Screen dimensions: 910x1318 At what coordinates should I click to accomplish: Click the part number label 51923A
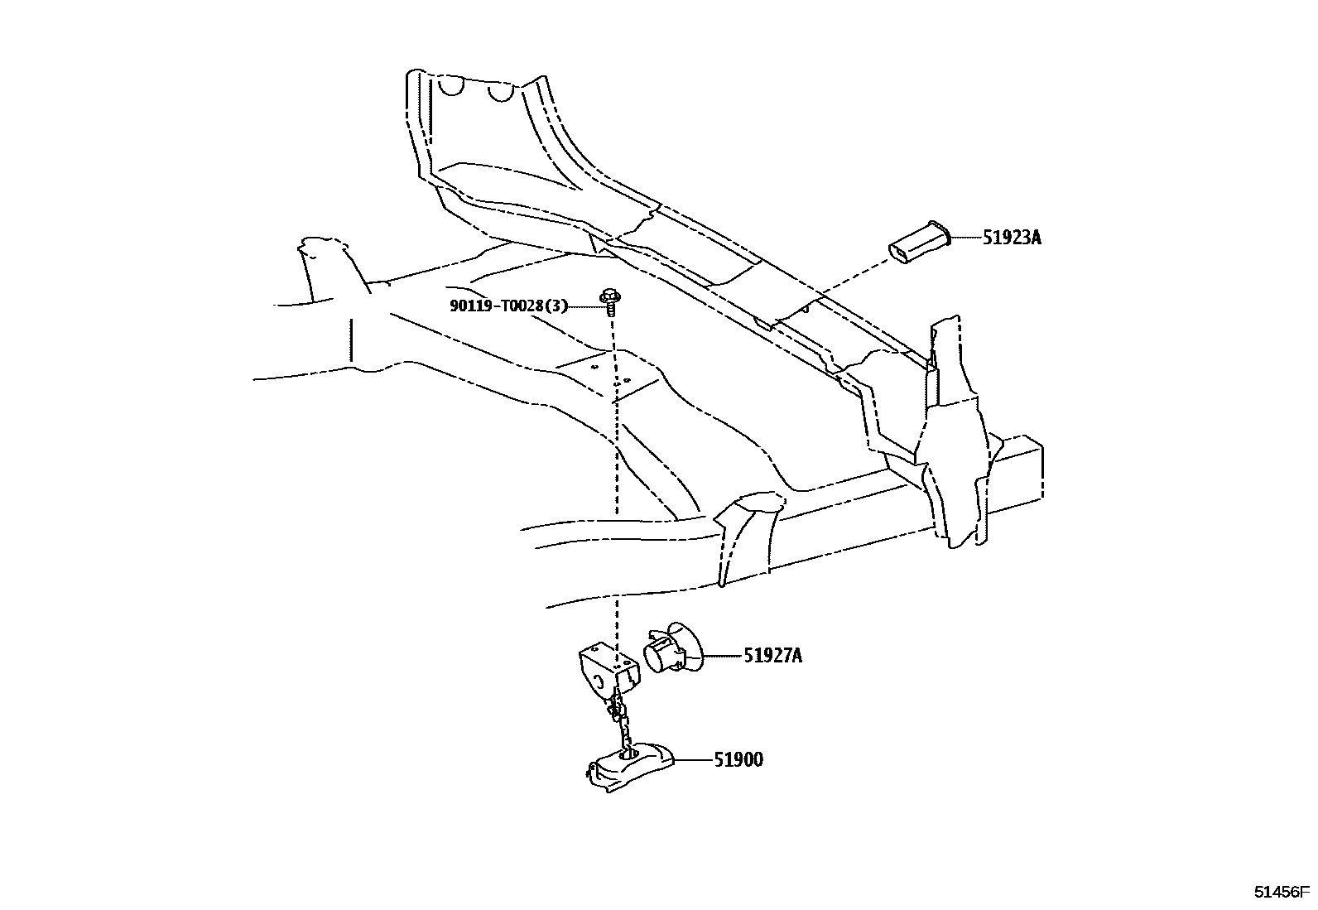(1012, 238)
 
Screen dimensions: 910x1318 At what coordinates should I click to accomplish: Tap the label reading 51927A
(772, 657)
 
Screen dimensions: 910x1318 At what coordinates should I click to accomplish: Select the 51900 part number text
(738, 759)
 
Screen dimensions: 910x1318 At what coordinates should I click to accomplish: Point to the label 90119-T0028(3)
(509, 306)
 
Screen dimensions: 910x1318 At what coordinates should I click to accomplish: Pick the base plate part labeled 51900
(629, 766)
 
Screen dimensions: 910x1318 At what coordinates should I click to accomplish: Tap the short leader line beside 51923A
(964, 238)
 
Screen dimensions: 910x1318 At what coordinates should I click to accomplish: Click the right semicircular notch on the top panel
(499, 92)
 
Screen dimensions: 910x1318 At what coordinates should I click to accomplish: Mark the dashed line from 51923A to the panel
(844, 282)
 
